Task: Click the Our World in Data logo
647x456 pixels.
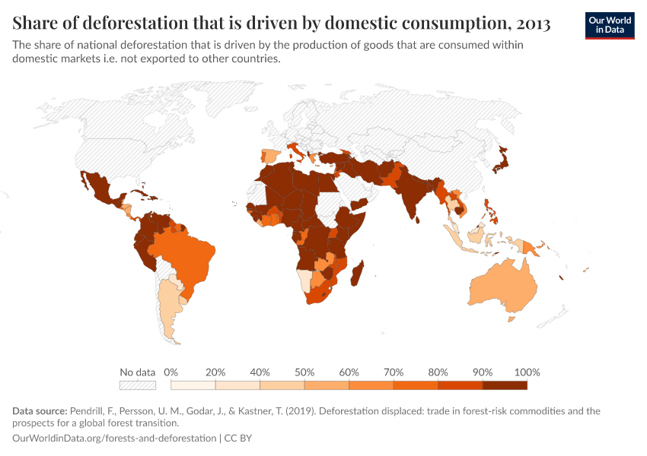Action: point(609,25)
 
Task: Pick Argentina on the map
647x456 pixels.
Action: point(168,312)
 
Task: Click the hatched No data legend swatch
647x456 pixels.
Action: point(138,385)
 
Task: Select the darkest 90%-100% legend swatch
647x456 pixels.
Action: point(505,385)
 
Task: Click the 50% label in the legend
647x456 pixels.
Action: point(304,372)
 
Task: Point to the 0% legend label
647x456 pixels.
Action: point(171,372)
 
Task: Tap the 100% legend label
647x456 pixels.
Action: point(527,372)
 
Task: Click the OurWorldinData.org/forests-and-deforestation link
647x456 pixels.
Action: point(115,439)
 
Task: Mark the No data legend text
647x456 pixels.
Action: point(137,372)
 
